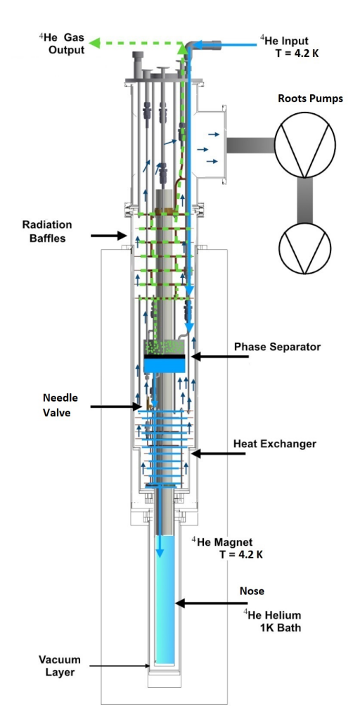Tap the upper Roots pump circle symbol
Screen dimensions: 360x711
click(x=305, y=145)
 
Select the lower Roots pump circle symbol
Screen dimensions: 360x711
click(x=304, y=248)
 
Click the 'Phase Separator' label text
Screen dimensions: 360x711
click(x=277, y=347)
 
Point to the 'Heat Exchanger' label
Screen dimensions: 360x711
click(x=275, y=444)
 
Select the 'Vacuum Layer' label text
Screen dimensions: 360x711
click(x=59, y=665)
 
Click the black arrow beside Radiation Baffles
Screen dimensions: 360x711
click(x=109, y=236)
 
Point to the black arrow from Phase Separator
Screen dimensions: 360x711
click(x=220, y=357)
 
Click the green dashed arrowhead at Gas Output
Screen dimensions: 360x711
click(x=95, y=43)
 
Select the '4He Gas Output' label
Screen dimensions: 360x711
click(x=61, y=43)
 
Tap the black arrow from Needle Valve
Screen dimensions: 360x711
click(x=116, y=406)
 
